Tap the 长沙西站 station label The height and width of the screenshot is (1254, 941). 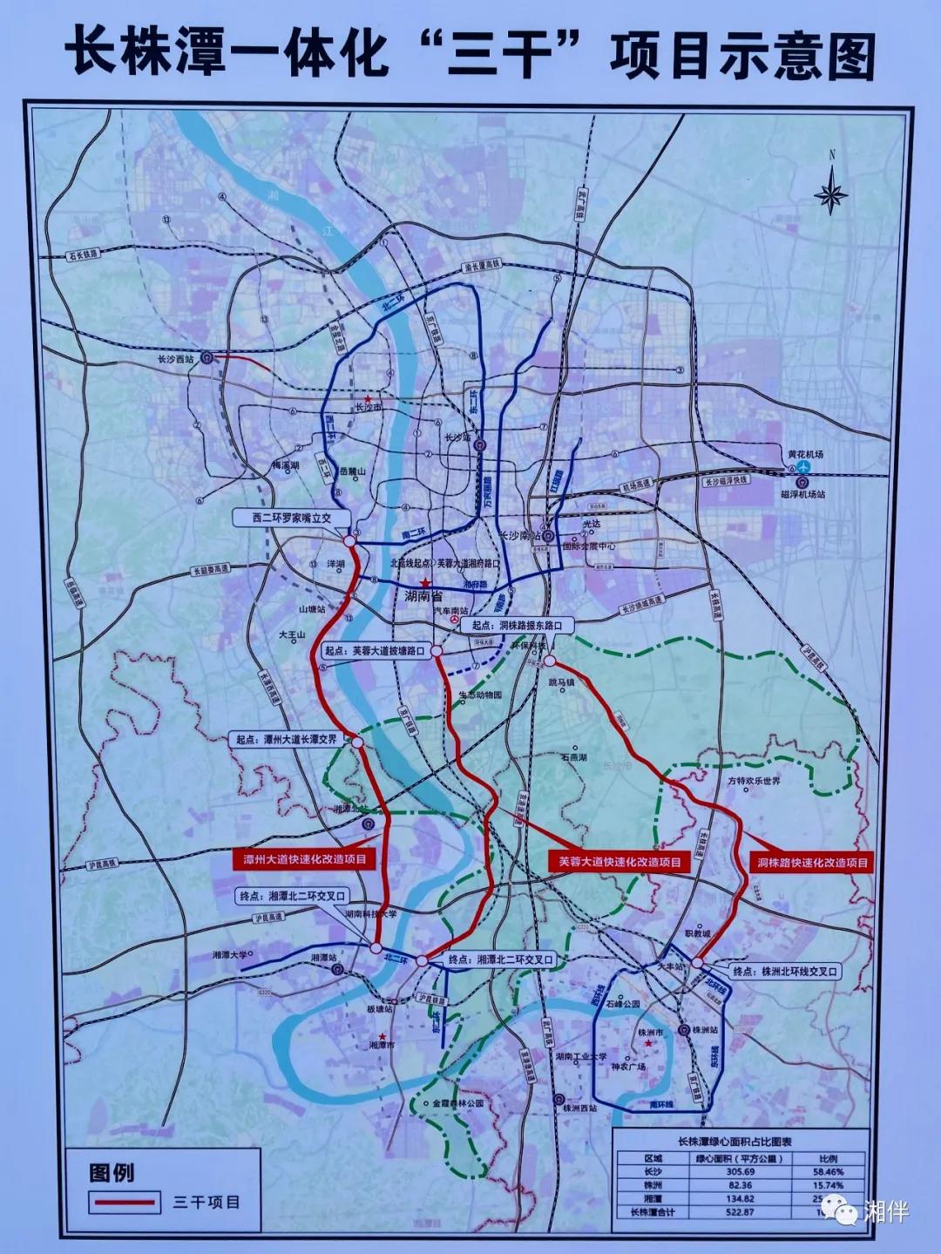(174, 357)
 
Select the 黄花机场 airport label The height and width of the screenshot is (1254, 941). (805, 454)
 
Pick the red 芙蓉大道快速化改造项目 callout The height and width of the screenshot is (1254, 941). (619, 862)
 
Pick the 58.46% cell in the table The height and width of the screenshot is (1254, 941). (829, 1172)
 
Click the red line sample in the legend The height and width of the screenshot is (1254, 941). (125, 1203)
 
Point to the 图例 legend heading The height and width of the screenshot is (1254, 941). (112, 1171)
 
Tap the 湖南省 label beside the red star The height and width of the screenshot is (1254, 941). (424, 597)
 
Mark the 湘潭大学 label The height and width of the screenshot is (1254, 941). (230, 955)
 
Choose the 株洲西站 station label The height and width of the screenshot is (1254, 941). (580, 1108)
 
